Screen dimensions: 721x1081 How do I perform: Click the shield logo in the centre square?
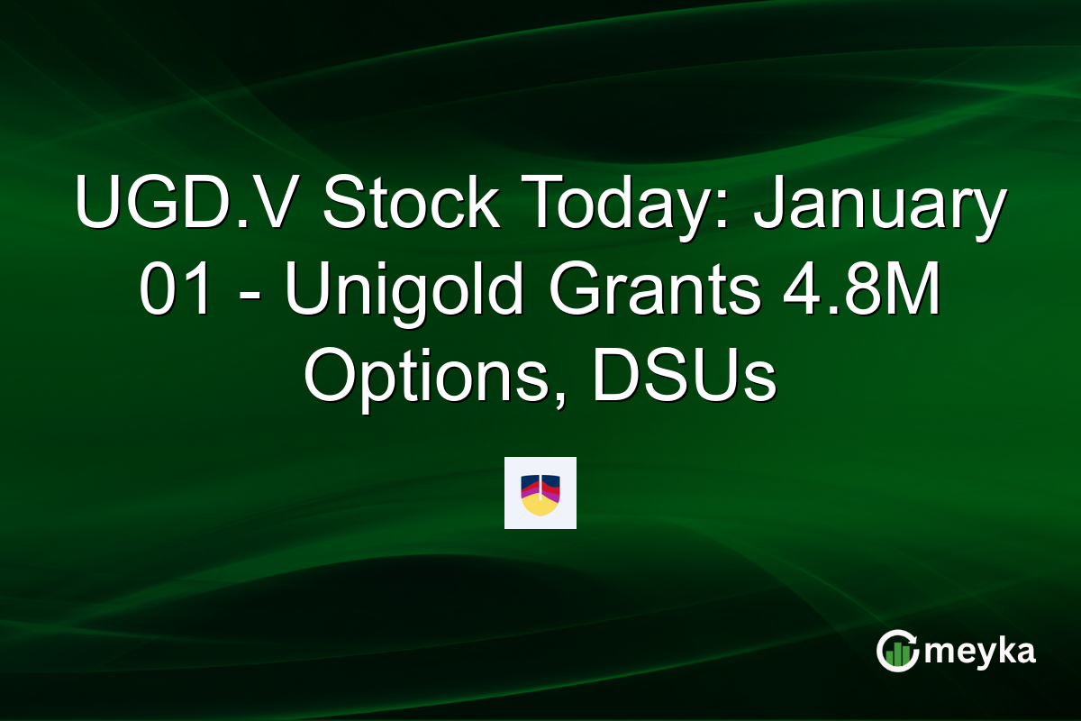(540, 493)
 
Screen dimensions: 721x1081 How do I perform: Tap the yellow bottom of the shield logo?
(540, 507)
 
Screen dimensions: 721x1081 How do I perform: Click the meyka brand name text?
(979, 652)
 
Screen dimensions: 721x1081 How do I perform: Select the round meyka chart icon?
(896, 652)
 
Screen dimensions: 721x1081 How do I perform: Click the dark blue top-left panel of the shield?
(530, 480)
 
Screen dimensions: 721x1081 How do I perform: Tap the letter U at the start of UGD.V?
(95, 205)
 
